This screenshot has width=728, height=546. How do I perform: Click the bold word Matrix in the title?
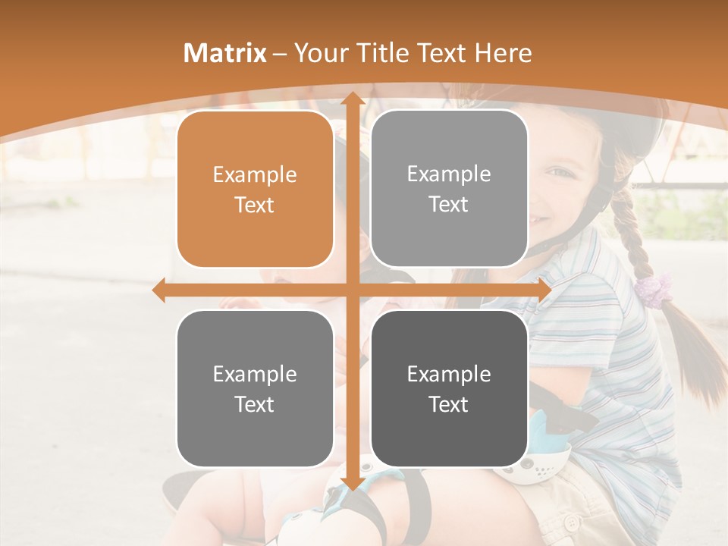(225, 53)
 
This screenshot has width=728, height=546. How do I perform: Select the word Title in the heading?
(381, 53)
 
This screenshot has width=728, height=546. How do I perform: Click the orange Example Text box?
(255, 190)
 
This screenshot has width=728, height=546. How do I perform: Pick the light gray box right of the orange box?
(449, 189)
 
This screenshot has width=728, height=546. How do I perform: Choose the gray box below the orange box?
(255, 388)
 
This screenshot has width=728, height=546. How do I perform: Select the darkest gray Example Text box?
(449, 388)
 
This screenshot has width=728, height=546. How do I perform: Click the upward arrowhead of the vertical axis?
(352, 99)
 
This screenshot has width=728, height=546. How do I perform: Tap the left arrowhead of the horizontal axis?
(158, 290)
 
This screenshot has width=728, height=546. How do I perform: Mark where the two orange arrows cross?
(352, 290)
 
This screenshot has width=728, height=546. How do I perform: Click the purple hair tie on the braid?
(654, 288)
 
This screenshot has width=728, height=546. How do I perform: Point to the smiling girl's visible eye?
(560, 172)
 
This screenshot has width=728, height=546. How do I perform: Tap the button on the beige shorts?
(570, 522)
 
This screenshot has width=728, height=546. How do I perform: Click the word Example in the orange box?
(255, 175)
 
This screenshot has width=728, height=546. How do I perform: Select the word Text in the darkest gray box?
(449, 404)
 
